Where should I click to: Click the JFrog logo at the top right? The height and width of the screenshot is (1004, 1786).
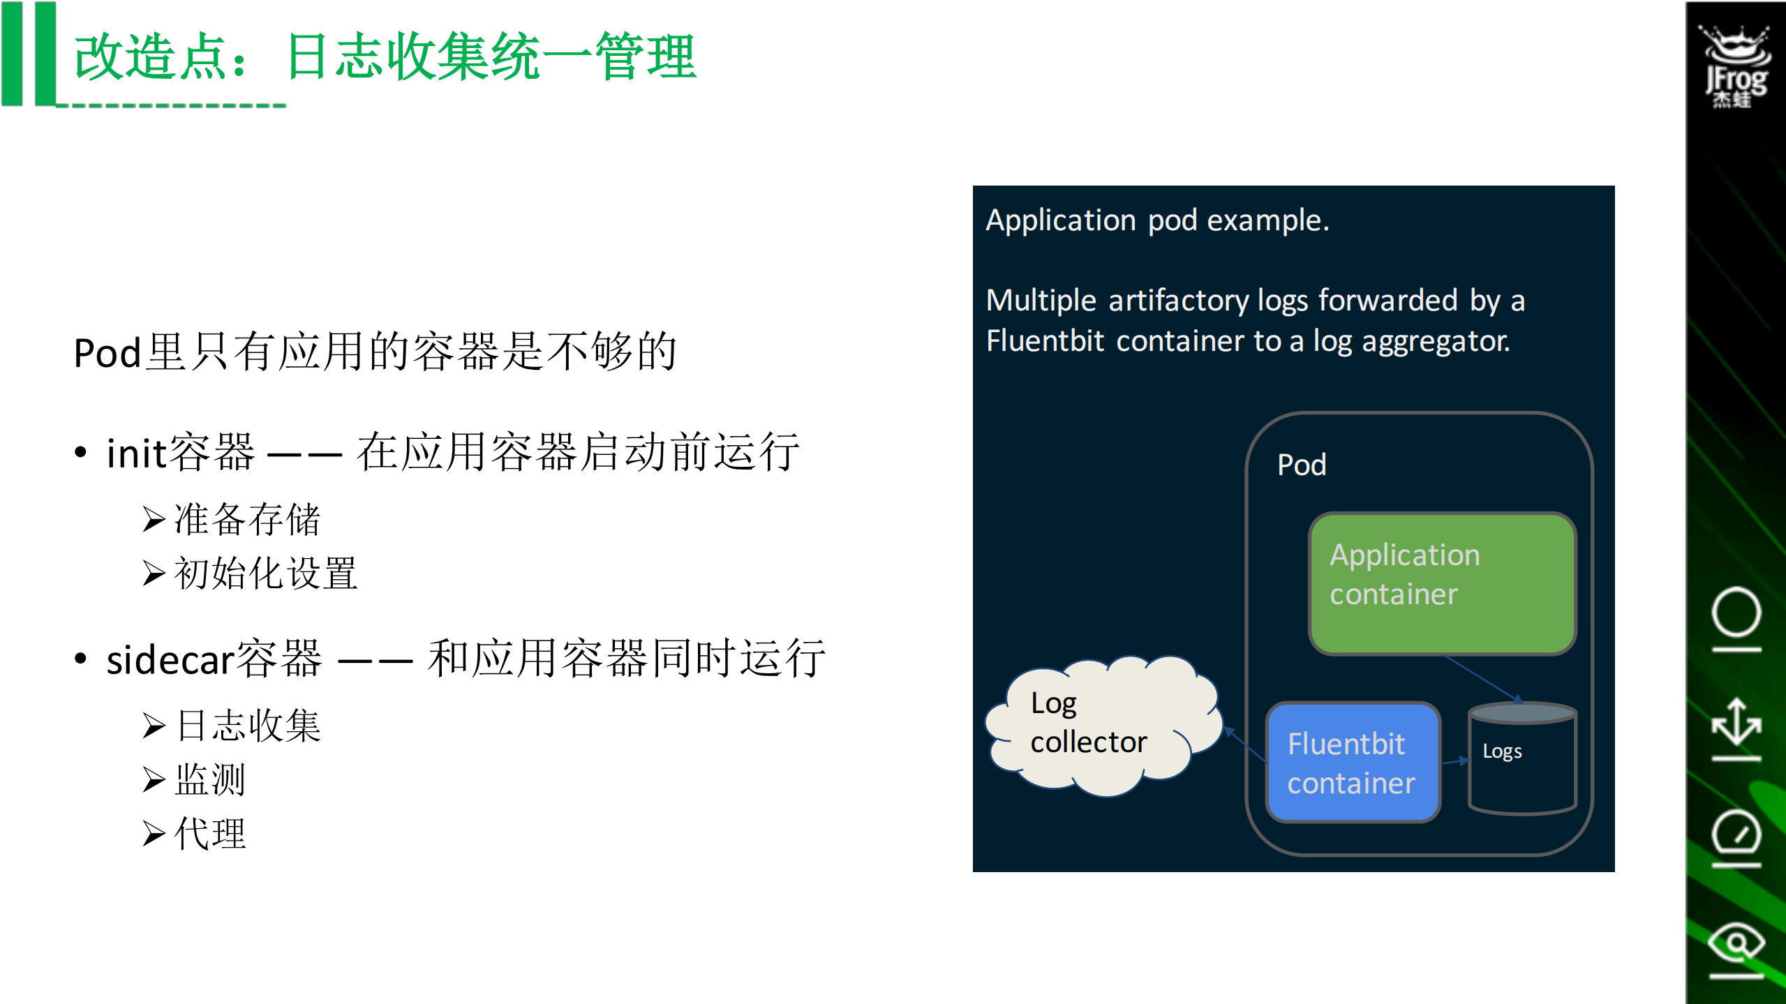click(1736, 66)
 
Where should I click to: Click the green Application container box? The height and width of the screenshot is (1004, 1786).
click(1442, 584)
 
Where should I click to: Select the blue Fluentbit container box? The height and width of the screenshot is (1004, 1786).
click(1353, 763)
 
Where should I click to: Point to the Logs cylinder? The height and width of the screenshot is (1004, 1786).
click(1522, 761)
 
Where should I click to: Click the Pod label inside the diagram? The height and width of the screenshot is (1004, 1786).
click(1301, 465)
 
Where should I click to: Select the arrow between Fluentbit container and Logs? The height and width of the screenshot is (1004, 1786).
click(1454, 762)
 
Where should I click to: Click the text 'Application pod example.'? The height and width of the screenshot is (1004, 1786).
click(1157, 220)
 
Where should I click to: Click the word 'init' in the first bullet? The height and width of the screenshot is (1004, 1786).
click(136, 454)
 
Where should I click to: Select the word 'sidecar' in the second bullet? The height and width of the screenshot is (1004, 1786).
click(170, 660)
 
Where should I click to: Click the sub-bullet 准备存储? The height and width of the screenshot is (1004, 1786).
click(246, 520)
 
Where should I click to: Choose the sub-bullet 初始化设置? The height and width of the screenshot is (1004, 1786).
click(265, 574)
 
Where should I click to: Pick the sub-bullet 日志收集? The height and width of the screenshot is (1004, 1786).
click(248, 726)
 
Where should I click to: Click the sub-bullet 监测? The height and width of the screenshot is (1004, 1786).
click(210, 780)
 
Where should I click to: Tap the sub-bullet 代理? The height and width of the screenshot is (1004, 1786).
click(210, 834)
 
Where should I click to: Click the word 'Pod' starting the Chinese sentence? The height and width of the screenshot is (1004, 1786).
click(107, 353)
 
